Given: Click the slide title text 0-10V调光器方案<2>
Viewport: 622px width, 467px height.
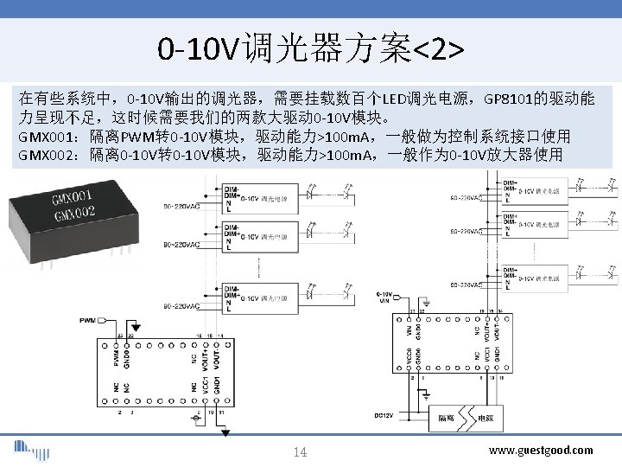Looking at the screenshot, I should [x=310, y=49].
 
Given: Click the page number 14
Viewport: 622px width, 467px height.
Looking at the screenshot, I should [x=301, y=452].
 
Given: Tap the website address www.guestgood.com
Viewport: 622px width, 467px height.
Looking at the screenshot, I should [x=541, y=450].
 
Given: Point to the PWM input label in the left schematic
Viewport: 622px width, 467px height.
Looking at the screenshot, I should [x=87, y=321].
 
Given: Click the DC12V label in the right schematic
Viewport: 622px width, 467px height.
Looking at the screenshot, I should [x=384, y=415].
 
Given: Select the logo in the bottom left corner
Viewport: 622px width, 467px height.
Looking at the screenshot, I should [x=31, y=451].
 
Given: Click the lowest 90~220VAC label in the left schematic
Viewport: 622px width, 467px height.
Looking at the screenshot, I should [x=181, y=306].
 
